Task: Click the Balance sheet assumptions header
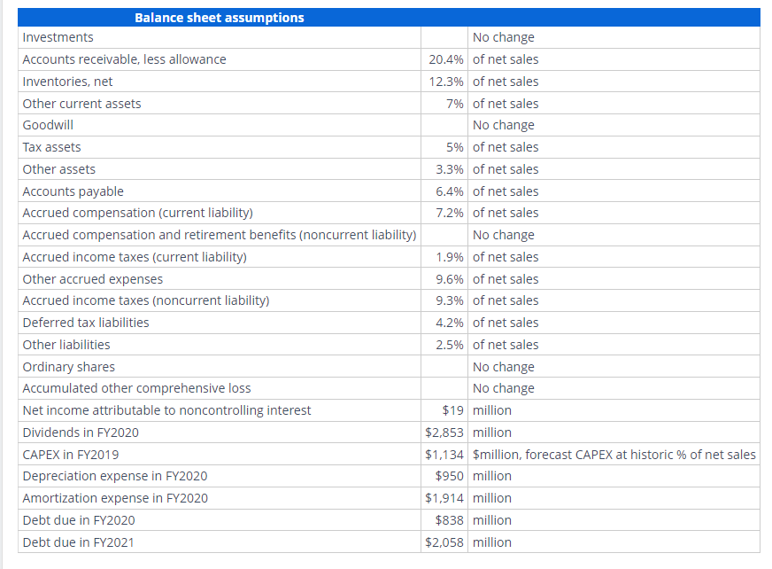pyautogui.click(x=219, y=18)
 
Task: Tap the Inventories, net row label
pyautogui.click(x=67, y=82)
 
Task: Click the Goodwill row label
pyautogui.click(x=48, y=125)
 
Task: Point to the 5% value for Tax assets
pyautogui.click(x=457, y=147)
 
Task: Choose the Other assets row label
pyautogui.click(x=58, y=169)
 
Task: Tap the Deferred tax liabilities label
pyautogui.click(x=85, y=323)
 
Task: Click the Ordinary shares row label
pyautogui.click(x=68, y=367)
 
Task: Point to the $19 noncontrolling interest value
pyautogui.click(x=454, y=410)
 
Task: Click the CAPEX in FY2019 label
pyautogui.click(x=71, y=455)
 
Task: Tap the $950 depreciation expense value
pyautogui.click(x=451, y=476)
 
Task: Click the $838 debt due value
pyautogui.click(x=451, y=520)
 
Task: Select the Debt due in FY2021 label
pyautogui.click(x=78, y=542)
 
